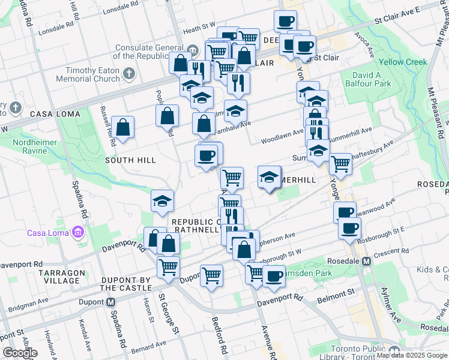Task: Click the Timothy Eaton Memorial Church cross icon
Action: pos(129,74)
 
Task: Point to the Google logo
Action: pos(20,353)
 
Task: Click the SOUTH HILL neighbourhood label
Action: pos(130,160)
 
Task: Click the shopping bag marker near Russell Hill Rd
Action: pos(122,127)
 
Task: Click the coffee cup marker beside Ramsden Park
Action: pos(274,277)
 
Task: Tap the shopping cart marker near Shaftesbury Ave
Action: pos(340,163)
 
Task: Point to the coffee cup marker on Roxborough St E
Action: pos(349,228)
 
